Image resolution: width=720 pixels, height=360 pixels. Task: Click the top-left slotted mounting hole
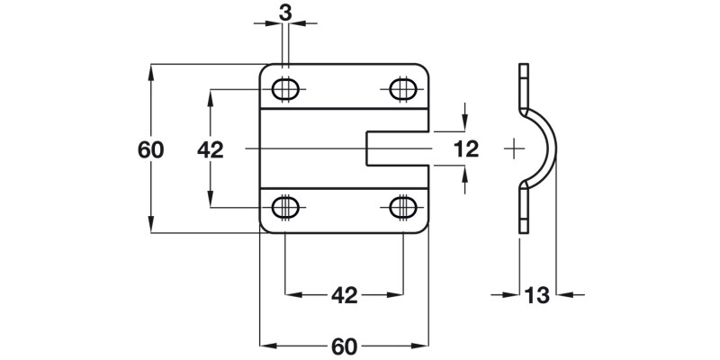(x=286, y=89)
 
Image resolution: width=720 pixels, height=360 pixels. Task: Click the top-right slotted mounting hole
(x=402, y=89)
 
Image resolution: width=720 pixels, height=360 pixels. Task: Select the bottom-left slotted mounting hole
(x=286, y=206)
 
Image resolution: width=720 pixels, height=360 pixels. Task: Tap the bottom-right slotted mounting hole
(x=402, y=206)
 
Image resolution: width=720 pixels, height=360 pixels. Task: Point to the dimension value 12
(x=466, y=148)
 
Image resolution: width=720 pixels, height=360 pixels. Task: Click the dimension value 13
(x=537, y=293)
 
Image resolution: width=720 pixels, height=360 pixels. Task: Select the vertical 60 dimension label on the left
(x=151, y=149)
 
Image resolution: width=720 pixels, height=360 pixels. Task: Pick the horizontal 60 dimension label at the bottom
(x=345, y=346)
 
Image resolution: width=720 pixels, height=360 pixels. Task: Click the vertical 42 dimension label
(x=210, y=149)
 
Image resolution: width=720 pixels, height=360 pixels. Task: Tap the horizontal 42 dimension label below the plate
(x=345, y=293)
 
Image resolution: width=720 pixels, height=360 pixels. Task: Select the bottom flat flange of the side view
(x=524, y=209)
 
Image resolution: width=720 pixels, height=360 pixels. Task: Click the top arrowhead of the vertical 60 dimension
(x=151, y=68)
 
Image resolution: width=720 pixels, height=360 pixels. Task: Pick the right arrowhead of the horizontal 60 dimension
(x=424, y=346)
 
